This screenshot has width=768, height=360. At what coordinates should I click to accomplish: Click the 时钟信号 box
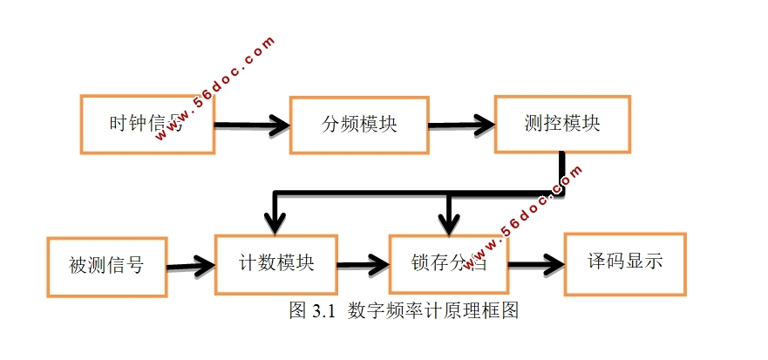coord(147,124)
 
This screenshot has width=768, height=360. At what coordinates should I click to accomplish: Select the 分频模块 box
coord(359,124)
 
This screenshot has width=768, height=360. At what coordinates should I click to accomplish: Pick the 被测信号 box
coord(105,264)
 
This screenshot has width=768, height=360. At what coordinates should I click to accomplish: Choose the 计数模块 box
coord(275,263)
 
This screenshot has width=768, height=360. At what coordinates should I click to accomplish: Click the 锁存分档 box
coord(448,262)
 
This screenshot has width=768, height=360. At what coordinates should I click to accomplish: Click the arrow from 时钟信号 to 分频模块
coord(252,125)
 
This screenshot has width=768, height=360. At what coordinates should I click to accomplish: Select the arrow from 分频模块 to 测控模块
coord(462,124)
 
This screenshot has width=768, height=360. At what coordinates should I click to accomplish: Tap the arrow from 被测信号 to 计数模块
coord(191,264)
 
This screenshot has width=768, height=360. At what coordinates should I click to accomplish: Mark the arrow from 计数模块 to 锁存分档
coord(363,263)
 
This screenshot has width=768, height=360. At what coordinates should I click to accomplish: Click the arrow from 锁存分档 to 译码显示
coord(535,262)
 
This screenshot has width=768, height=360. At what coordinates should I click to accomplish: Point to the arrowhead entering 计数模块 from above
coord(275,225)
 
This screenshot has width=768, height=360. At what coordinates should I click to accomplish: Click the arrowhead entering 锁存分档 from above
coord(448,225)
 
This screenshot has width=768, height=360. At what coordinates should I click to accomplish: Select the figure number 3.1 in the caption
coord(323,311)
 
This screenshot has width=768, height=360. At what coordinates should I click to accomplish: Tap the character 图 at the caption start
coord(296,311)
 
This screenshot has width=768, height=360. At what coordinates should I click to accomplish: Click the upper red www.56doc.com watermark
coord(228,73)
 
